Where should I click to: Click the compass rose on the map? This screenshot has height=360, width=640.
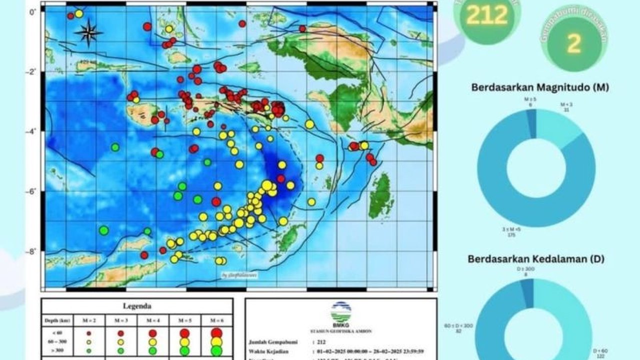(88, 32)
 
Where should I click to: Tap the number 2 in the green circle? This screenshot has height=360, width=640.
(574, 44)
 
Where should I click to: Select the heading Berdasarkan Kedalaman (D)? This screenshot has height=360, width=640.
(536, 259)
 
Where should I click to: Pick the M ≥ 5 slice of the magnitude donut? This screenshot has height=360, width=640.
(531, 122)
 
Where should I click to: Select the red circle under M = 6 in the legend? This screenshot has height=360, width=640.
(216, 332)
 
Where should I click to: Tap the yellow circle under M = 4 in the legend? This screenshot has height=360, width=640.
(152, 341)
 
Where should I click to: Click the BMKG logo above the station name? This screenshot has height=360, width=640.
(341, 311)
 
